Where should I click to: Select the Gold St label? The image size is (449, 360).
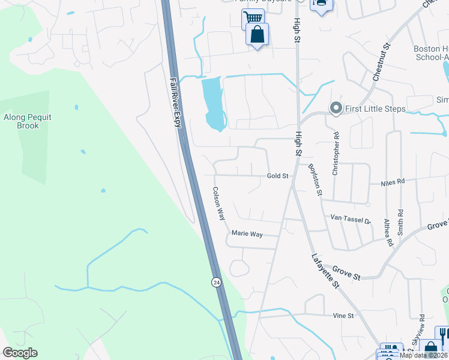click(279, 176)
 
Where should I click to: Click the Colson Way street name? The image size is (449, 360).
click(218, 203)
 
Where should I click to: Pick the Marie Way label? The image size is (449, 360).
click(247, 234)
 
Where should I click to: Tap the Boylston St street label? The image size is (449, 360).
click(316, 180)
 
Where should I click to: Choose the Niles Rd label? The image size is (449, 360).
click(393, 181)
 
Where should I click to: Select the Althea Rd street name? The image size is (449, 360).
click(388, 233)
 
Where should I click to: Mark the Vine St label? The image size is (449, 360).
click(344, 315)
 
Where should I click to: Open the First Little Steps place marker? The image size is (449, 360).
click(336, 109)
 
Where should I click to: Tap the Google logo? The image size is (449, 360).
click(20, 353)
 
